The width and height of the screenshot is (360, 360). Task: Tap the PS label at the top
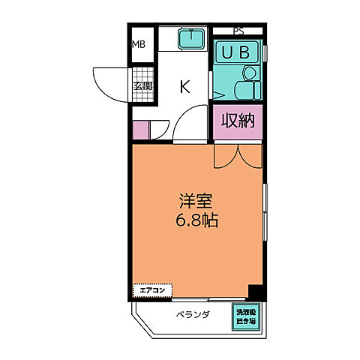238,31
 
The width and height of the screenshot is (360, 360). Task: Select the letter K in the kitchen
184,86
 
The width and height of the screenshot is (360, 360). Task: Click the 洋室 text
196,201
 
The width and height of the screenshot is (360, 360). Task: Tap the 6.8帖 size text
196,221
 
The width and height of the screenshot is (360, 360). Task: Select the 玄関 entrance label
142,85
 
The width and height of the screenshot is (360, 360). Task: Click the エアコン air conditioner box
153,289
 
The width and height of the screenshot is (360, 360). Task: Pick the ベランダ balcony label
193,315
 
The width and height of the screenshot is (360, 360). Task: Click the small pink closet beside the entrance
141,130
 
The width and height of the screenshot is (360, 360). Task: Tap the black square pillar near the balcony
256,293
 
